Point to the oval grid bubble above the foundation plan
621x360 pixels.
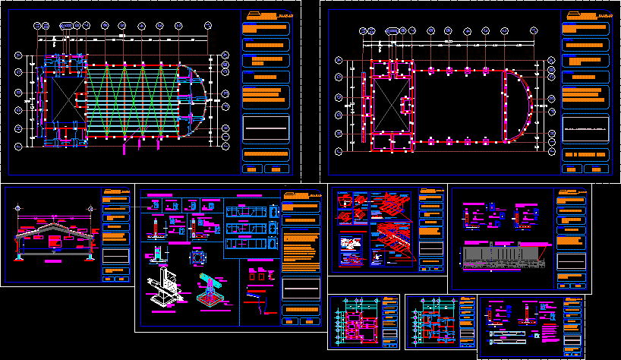tap(393, 30)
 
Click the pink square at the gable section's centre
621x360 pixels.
tap(55, 241)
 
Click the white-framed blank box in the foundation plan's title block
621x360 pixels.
tap(585, 129)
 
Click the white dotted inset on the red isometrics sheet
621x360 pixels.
tap(351, 245)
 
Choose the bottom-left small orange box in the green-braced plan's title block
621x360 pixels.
tap(254, 169)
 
